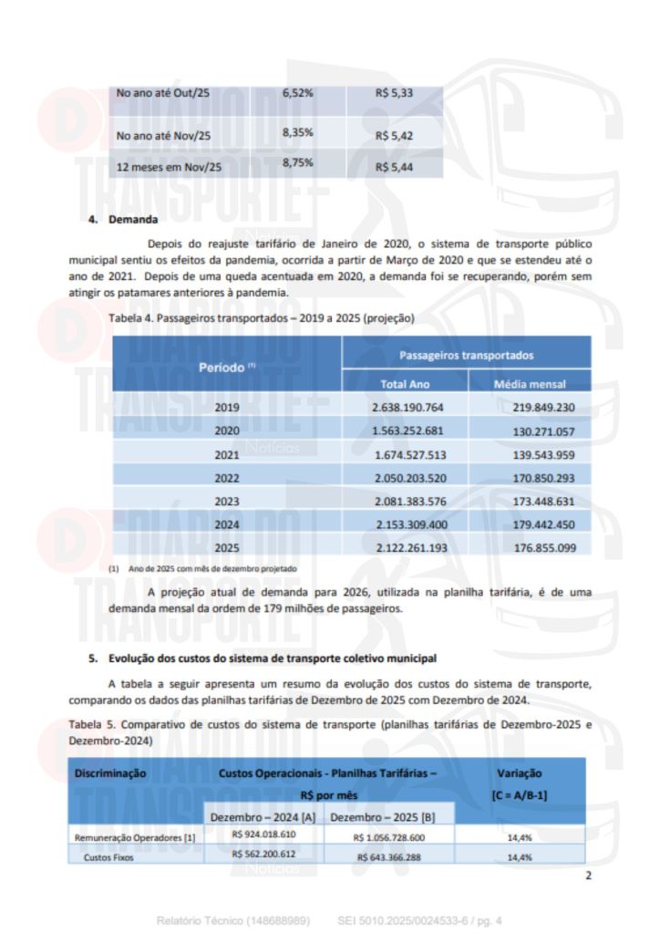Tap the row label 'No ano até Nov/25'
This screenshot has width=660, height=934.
(x=164, y=136)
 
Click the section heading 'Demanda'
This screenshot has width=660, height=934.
(x=133, y=220)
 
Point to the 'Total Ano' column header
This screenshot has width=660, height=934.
(x=405, y=384)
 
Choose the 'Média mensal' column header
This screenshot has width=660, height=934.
(x=530, y=384)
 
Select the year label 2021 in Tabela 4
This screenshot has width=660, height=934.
(x=226, y=454)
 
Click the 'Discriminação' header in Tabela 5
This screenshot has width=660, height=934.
(x=111, y=773)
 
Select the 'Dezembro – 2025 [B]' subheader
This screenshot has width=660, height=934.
(x=389, y=816)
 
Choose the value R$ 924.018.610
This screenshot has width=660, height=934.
(x=264, y=835)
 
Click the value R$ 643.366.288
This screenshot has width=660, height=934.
(x=389, y=856)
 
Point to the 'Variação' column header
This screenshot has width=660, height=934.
(x=519, y=773)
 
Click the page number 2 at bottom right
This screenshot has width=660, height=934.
(x=588, y=876)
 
